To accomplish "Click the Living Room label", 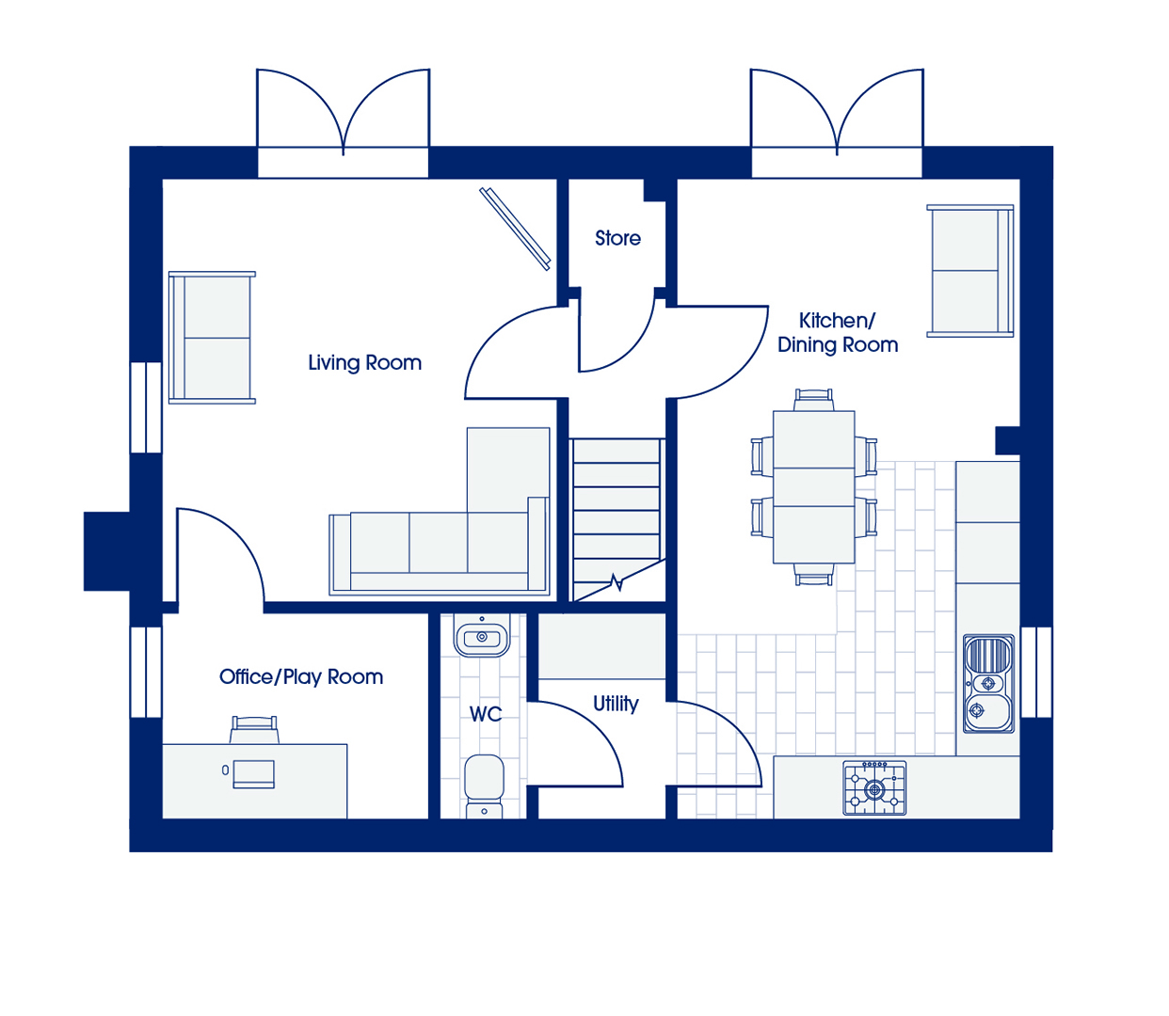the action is click(x=364, y=362).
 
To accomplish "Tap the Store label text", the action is click(x=617, y=238).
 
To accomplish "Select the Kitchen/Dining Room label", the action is click(x=838, y=332).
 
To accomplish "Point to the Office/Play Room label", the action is click(x=301, y=676).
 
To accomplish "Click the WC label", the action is click(x=486, y=714).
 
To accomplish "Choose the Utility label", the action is click(x=616, y=704).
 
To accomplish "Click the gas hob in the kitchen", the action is click(x=874, y=788).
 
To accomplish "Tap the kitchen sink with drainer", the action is click(x=989, y=684).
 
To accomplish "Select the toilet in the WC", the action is click(x=484, y=786).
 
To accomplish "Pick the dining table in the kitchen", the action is click(x=813, y=487).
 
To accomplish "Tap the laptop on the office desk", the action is click(x=254, y=774).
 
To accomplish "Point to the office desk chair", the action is click(x=254, y=730).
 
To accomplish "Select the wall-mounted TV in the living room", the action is click(x=515, y=229).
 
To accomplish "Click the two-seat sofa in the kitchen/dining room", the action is click(x=970, y=271).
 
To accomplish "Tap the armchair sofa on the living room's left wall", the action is click(x=212, y=338).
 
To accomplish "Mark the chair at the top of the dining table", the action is click(x=813, y=399).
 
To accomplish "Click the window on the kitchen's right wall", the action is click(x=1036, y=672).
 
